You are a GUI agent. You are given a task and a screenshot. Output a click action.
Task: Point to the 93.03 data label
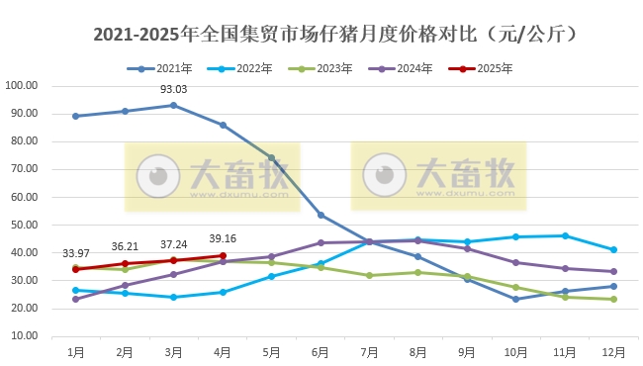pos(173,90)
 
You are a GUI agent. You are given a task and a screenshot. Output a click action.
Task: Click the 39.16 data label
pos(223,239)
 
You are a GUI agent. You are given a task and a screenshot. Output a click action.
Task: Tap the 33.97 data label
pos(76,252)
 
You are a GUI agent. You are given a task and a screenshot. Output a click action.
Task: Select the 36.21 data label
pos(125,246)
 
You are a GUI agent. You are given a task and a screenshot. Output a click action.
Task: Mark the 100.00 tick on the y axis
pos(22,85)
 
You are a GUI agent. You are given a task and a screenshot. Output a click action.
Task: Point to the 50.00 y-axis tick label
pos(22,225)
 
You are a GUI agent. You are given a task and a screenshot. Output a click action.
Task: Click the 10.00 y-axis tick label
pos(22,336)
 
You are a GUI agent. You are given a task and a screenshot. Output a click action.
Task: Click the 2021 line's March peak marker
pos(174,105)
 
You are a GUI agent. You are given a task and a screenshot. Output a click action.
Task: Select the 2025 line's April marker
pos(223,255)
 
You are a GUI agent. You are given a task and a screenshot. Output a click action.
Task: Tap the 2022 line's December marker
pos(614,249)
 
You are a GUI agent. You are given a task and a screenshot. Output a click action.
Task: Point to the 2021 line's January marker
pos(76,116)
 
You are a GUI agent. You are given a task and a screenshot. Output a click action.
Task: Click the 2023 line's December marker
pos(614,299)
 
